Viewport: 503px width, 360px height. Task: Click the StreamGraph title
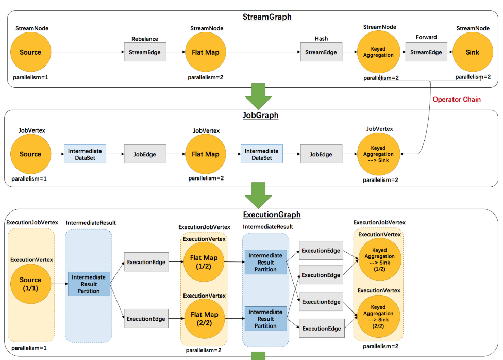[267, 17]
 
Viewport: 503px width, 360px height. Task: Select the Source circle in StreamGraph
[30, 52]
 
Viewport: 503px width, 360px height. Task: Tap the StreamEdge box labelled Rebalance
[145, 52]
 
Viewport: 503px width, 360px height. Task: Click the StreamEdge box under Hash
[321, 52]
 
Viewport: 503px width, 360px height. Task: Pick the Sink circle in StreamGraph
[473, 52]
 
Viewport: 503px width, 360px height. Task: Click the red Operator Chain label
[457, 100]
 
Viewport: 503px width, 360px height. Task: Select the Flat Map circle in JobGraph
[206, 154]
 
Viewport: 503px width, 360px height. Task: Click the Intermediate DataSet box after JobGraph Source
[85, 154]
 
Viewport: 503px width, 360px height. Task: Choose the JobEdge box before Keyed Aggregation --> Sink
[321, 154]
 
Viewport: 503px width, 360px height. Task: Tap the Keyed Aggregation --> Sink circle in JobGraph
[378, 154]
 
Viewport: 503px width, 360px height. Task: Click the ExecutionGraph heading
[272, 215]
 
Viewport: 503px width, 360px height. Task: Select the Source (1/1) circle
[30, 284]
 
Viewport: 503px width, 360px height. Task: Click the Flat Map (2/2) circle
[204, 319]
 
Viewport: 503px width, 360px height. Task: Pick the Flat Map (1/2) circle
[204, 262]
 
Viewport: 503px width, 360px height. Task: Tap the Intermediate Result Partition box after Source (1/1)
[89, 284]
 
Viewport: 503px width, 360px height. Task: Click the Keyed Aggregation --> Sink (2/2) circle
[378, 317]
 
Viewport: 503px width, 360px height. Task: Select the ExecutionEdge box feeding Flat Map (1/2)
[146, 262]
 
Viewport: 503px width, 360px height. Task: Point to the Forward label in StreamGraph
[426, 37]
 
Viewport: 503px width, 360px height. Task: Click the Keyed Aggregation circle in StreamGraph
[378, 52]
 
